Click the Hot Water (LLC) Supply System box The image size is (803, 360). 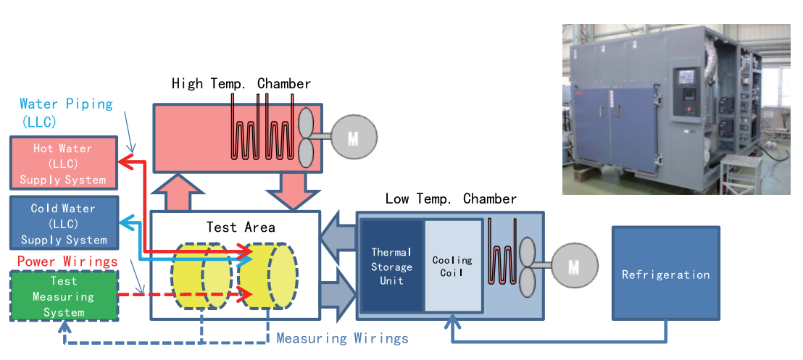pos(62,164)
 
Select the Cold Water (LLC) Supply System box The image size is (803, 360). pos(62,223)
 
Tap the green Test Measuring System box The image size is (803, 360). pos(63,296)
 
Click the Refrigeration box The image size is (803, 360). pos(665,274)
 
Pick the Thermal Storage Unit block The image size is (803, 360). pos(391,266)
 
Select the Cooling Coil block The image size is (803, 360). pos(452,266)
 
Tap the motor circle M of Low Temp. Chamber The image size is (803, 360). pos(574,267)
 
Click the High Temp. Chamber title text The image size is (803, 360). pos(241,84)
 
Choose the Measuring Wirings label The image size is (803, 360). pos(342,338)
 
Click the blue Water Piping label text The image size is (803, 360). pos(66,104)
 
